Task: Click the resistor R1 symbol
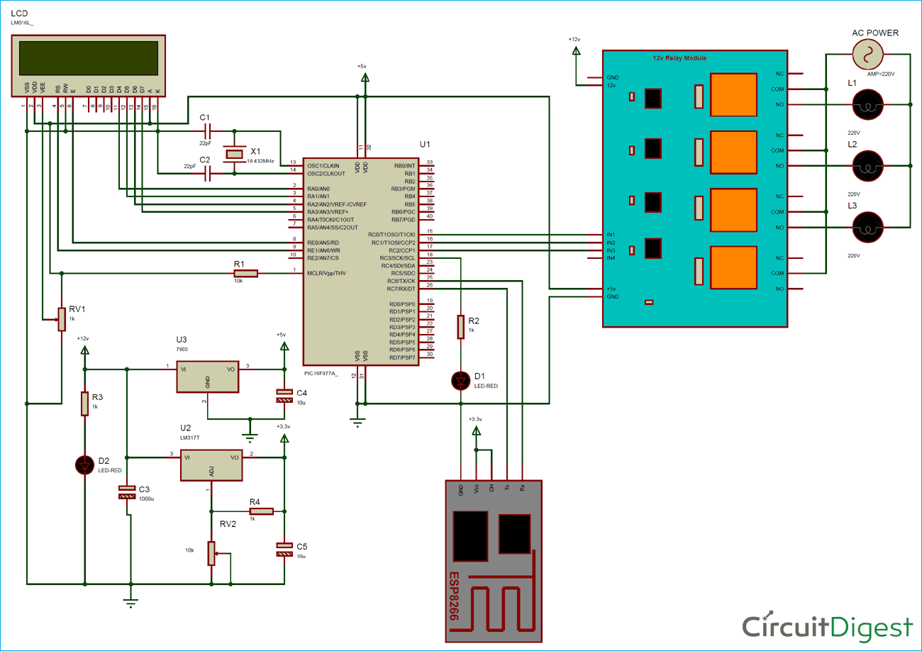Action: coord(246,273)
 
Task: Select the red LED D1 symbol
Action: coord(461,381)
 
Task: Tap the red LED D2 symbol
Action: coord(84,464)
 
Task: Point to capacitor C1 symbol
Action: coord(207,131)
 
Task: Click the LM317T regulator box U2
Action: coord(211,465)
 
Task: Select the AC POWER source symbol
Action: coord(867,54)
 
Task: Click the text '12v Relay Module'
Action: coord(679,58)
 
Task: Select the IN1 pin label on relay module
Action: coord(611,235)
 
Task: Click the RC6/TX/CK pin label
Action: coord(401,280)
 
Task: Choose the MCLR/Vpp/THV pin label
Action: coord(326,273)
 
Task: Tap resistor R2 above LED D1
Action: coord(461,327)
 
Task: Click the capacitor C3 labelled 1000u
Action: coord(127,491)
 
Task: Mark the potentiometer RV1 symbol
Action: coord(62,319)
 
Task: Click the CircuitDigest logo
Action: coord(827,626)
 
